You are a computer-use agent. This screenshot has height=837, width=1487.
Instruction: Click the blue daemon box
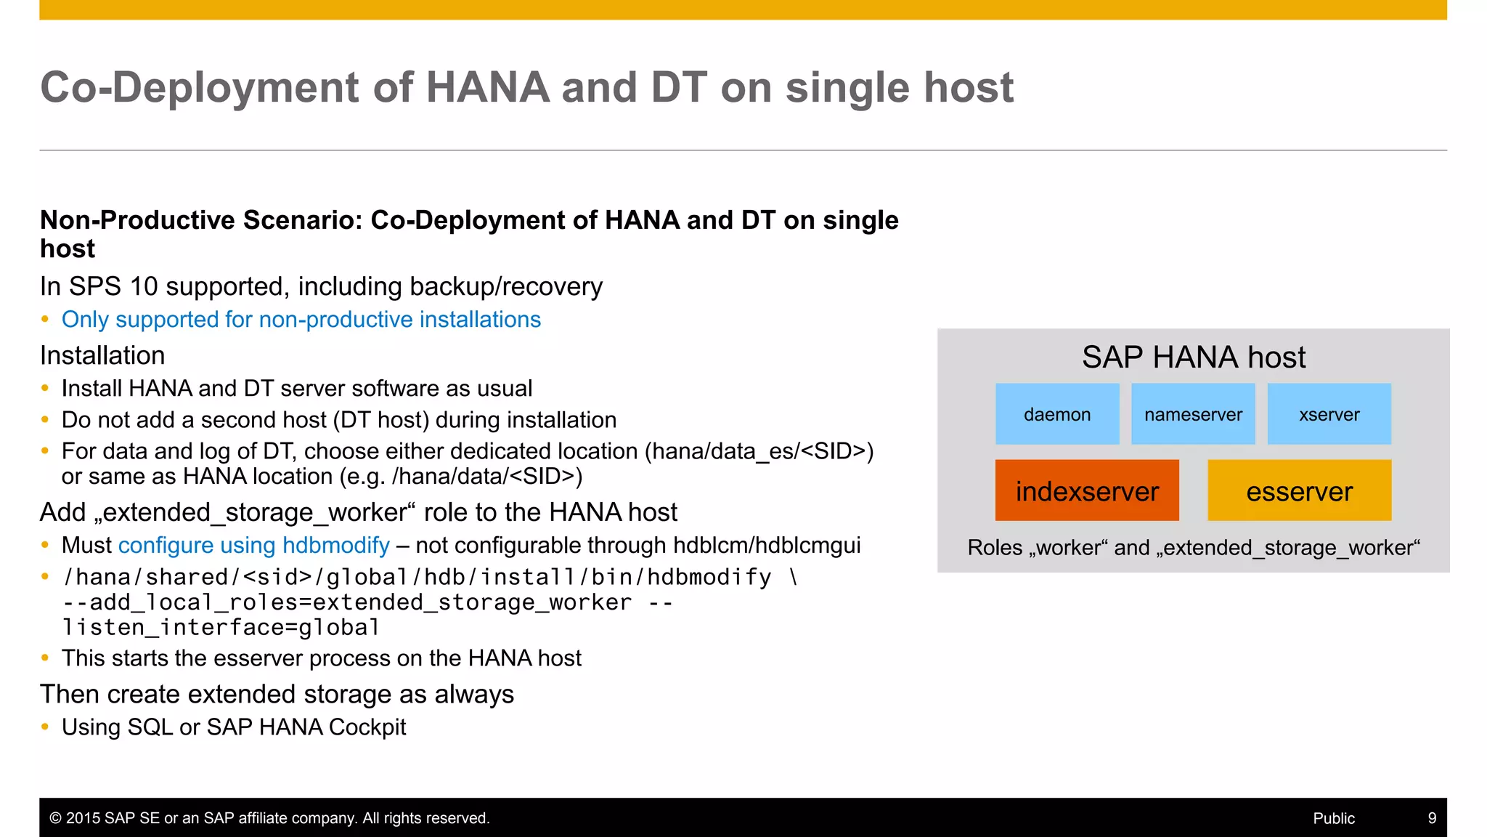[x=1056, y=414]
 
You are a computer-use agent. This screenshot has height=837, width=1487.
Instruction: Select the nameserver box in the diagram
[x=1193, y=414]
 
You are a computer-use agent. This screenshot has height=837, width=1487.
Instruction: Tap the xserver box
[x=1329, y=414]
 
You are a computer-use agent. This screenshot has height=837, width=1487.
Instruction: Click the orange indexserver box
[x=1086, y=491]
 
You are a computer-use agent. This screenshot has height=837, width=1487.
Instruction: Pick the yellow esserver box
[x=1299, y=491]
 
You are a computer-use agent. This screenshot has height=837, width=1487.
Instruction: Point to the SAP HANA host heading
[x=1193, y=357]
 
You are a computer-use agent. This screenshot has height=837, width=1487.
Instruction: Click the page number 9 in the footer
[x=1432, y=818]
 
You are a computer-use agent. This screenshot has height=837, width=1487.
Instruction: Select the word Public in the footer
[x=1333, y=818]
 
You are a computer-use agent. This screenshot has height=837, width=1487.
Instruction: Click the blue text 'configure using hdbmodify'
[x=253, y=546]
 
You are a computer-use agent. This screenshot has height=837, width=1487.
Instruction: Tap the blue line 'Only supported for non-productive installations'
[x=301, y=320]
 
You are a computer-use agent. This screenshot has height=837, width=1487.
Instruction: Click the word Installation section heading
[x=102, y=356]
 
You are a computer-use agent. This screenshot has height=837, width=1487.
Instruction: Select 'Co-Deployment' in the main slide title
[x=200, y=88]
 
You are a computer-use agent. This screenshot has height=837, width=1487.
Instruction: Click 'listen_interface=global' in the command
[x=221, y=628]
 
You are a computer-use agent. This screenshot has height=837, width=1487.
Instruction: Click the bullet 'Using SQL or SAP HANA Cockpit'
[x=233, y=727]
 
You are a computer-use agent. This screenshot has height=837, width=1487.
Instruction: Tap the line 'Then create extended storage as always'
[x=277, y=695]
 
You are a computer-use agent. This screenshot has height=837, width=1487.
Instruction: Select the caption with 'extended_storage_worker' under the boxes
[x=1193, y=548]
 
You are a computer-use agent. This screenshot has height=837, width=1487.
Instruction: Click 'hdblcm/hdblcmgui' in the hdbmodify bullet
[x=766, y=546]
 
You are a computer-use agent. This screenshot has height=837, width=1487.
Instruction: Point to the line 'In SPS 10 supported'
[x=320, y=287]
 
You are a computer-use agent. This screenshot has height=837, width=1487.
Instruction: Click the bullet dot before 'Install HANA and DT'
[x=45, y=389]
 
